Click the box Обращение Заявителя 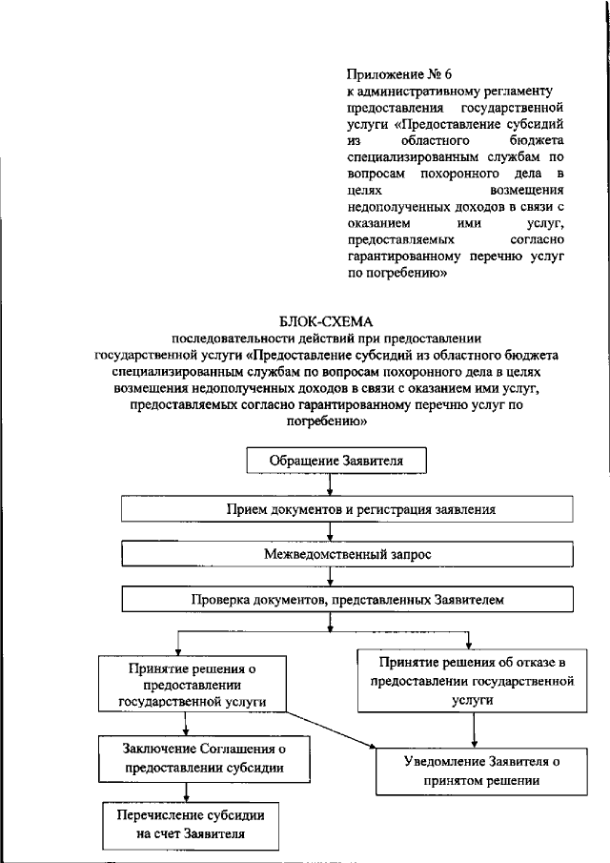[x=336, y=461]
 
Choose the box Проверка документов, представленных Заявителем [x=348, y=599]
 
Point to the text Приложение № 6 [x=391, y=73]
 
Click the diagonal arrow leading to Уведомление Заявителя [x=330, y=728]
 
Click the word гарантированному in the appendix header [x=404, y=257]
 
